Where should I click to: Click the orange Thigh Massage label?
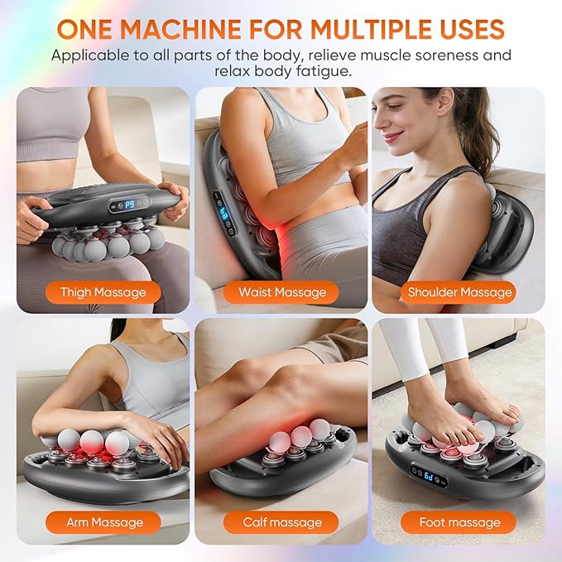(103, 292)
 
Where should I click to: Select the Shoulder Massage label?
(460, 292)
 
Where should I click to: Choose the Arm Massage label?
(103, 522)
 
